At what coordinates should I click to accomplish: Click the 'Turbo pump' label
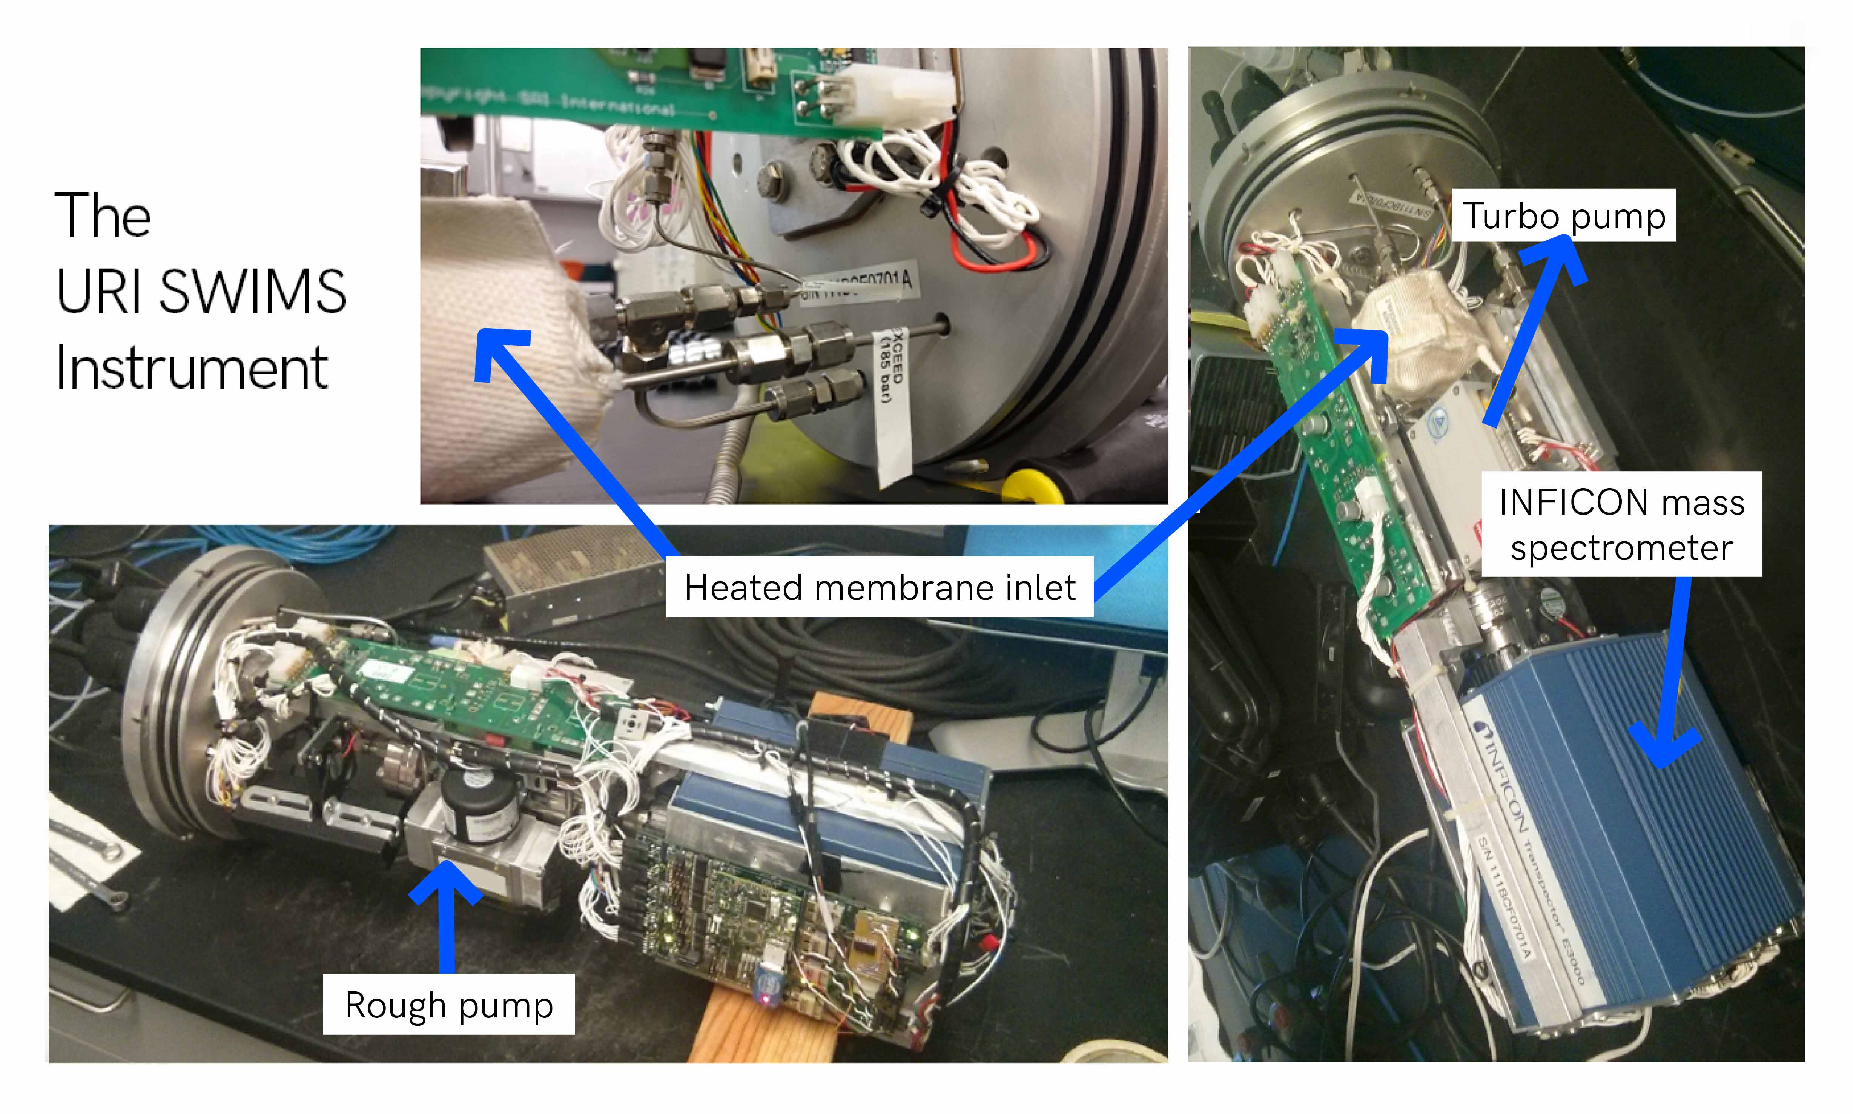click(1563, 216)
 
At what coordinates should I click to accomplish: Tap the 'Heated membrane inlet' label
click(880, 587)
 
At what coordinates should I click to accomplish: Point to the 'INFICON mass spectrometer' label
click(1621, 524)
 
